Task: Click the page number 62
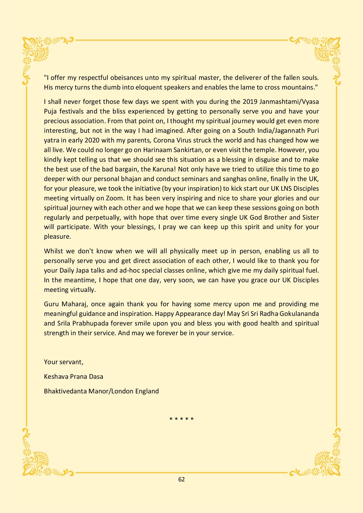click(181, 479)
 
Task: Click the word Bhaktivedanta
click(63, 391)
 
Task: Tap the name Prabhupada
click(87, 323)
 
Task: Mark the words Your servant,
click(64, 362)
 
